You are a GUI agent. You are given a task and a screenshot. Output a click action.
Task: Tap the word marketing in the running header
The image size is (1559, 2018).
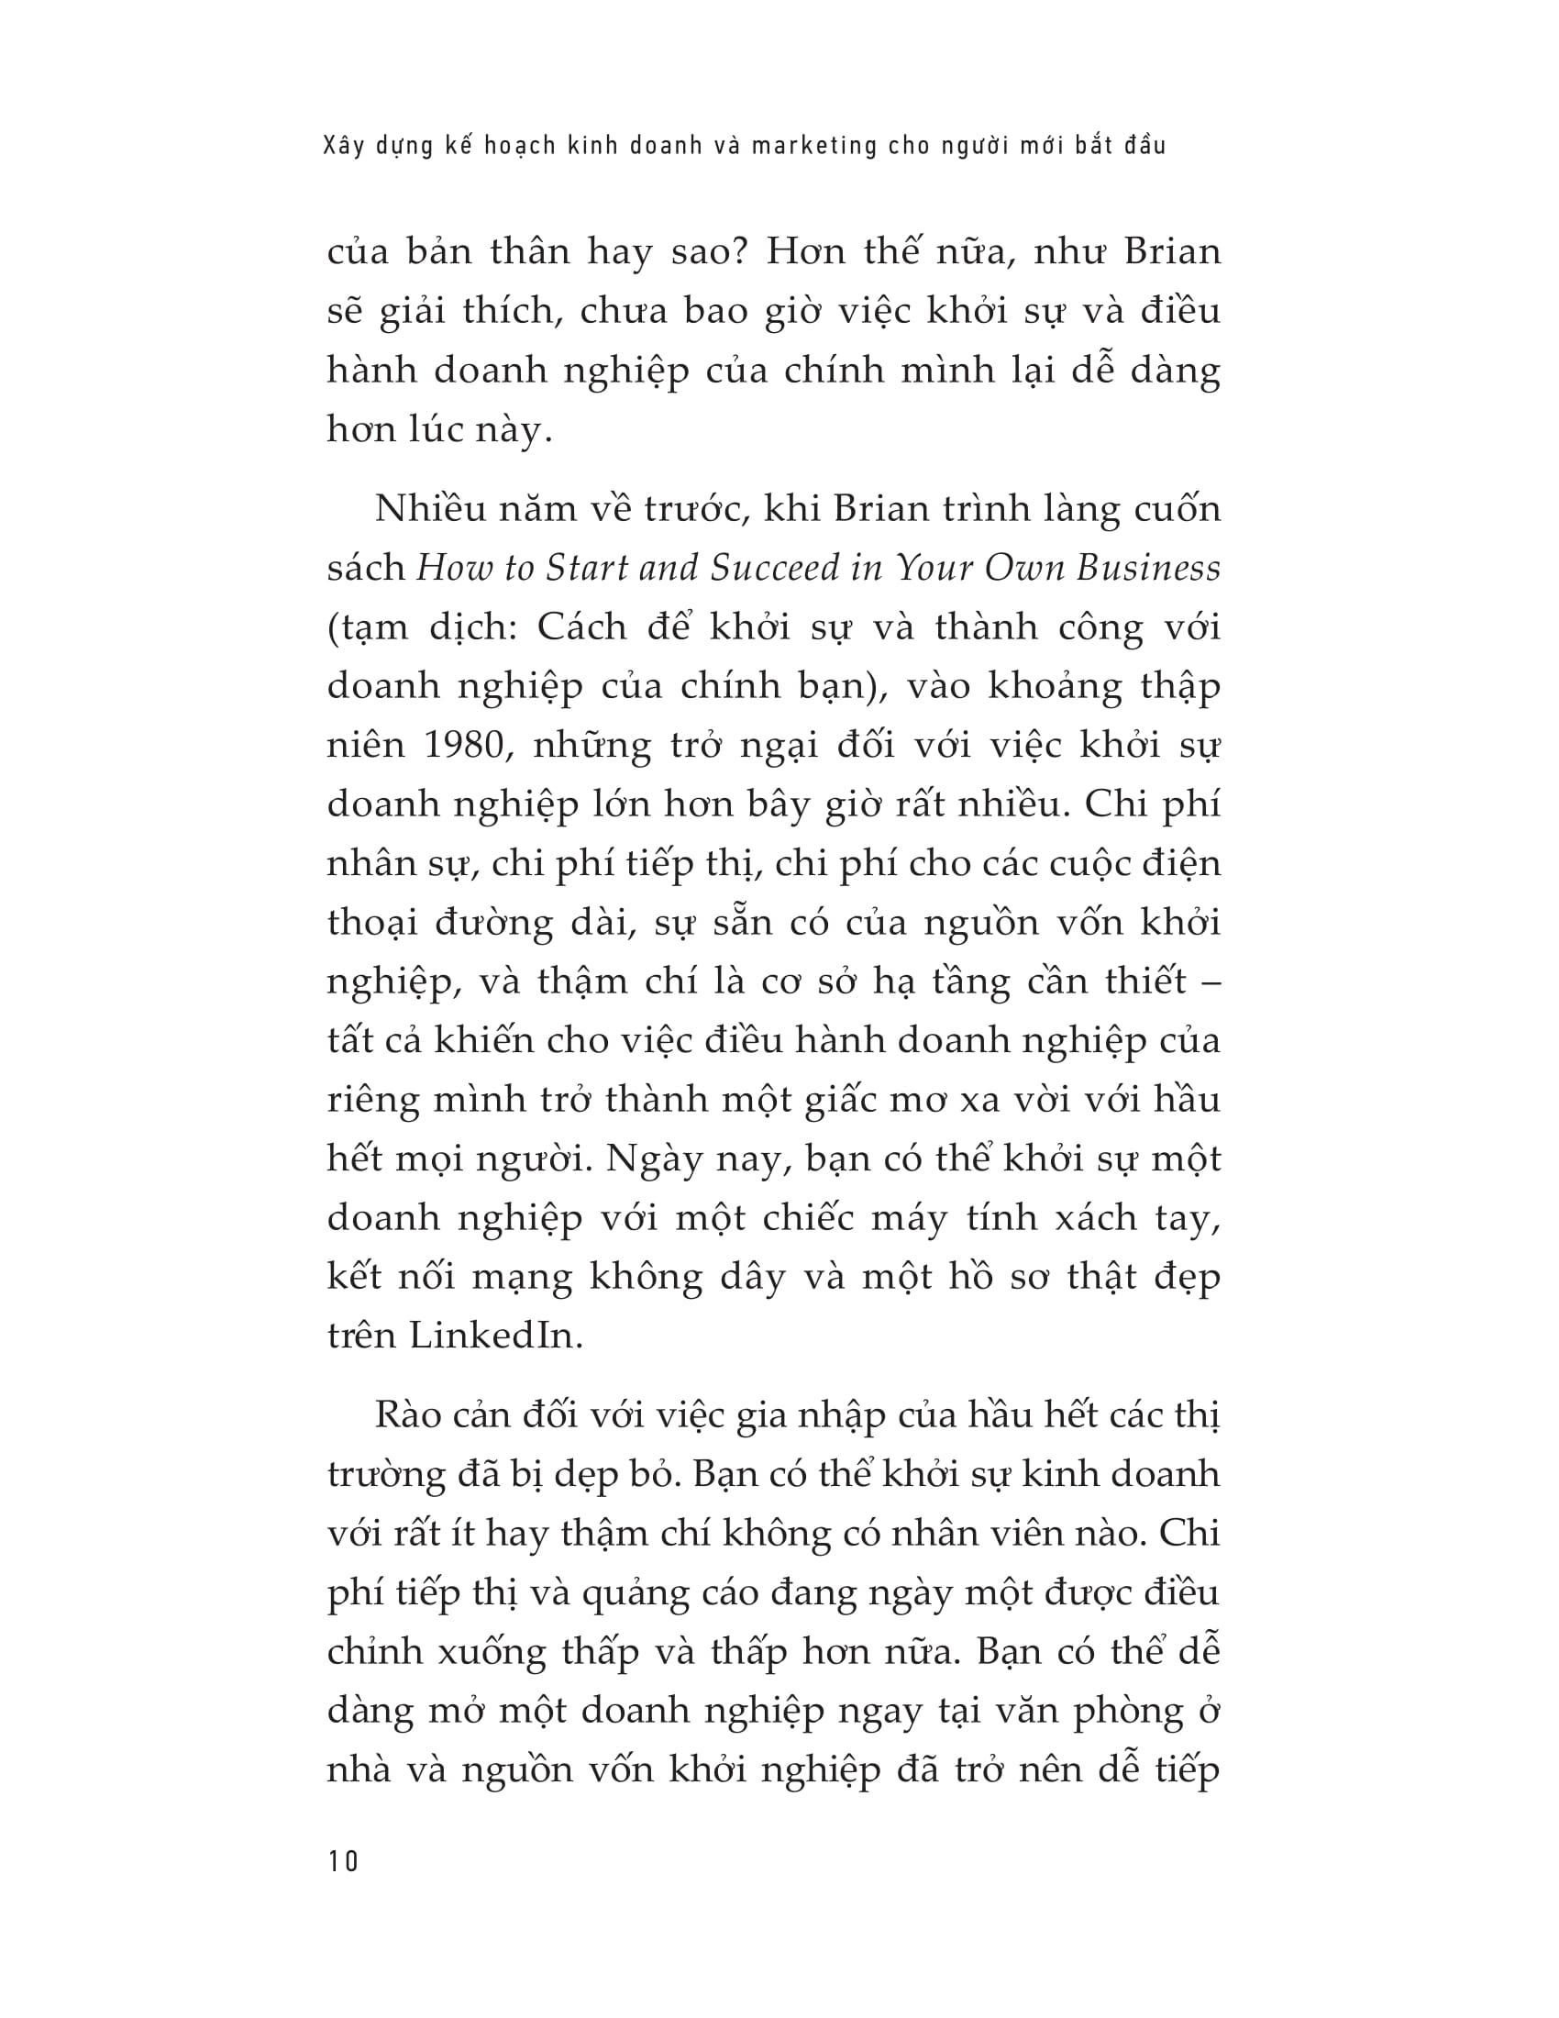(x=813, y=146)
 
